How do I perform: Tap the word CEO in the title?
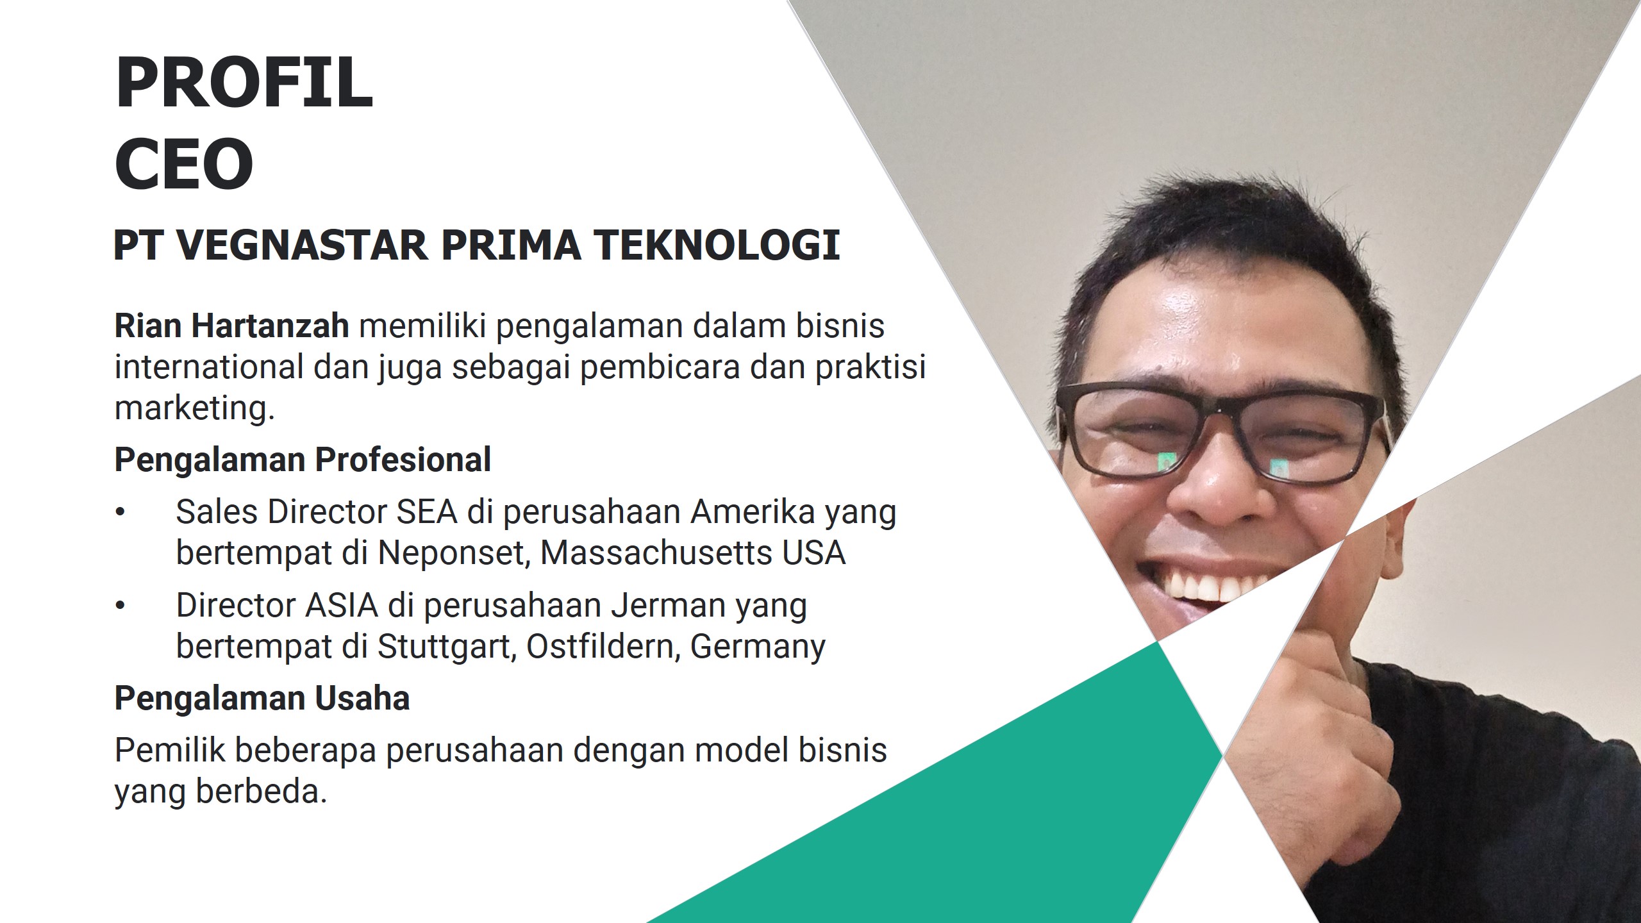(x=185, y=163)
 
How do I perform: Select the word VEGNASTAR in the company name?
(x=302, y=245)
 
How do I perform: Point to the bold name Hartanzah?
(x=270, y=326)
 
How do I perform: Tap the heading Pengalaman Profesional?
(x=303, y=460)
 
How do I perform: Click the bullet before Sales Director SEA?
(x=120, y=512)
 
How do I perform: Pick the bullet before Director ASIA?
(x=120, y=606)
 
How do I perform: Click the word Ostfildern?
(x=603, y=647)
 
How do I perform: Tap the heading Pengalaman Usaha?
(x=262, y=698)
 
